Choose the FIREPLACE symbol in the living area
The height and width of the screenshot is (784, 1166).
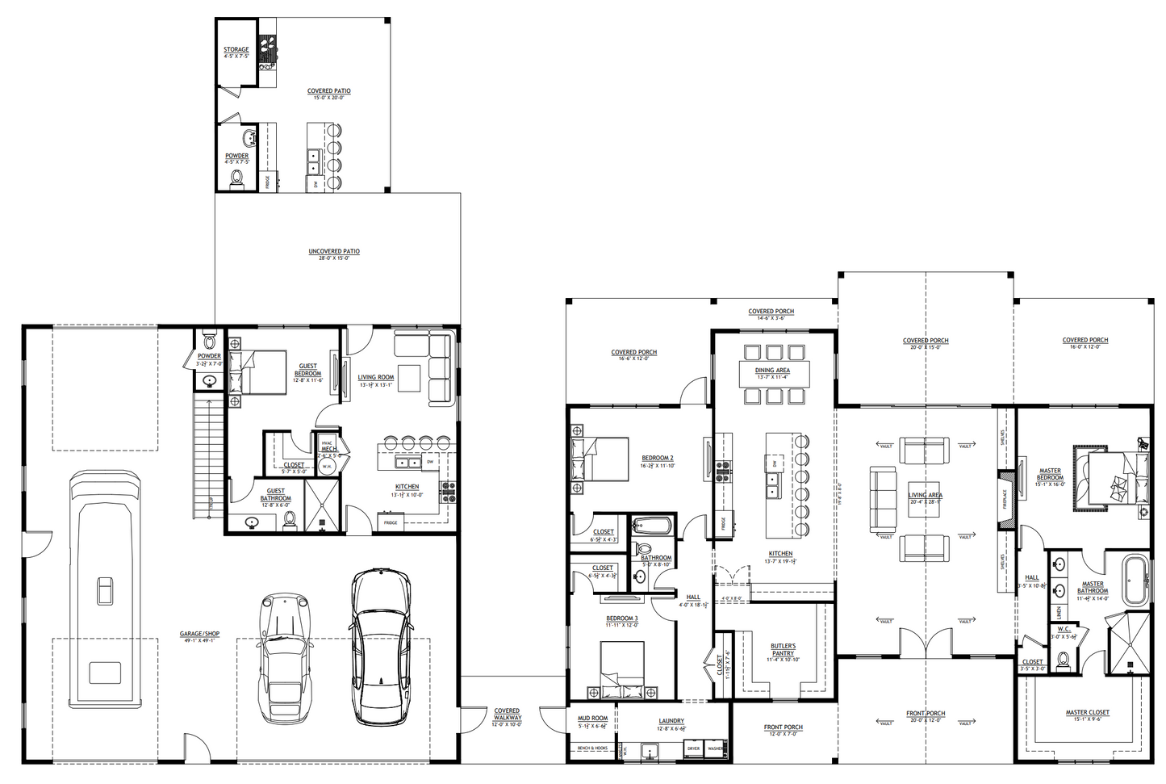tap(1005, 500)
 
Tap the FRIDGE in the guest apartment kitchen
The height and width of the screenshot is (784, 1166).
tap(391, 522)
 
